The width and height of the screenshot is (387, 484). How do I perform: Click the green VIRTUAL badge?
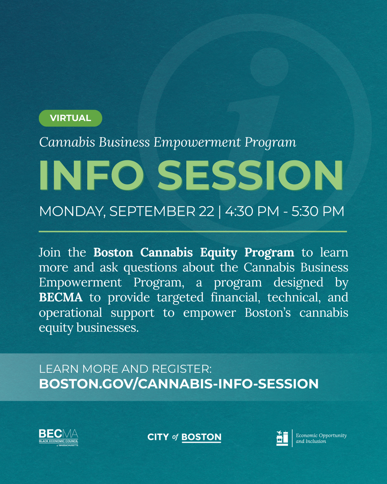[x=70, y=118]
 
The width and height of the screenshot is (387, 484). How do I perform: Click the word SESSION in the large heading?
[x=250, y=175]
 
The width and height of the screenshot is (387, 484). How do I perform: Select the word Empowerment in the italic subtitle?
[x=197, y=142]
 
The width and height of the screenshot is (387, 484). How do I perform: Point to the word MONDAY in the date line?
[x=71, y=211]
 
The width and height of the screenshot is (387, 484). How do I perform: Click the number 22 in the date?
[x=206, y=211]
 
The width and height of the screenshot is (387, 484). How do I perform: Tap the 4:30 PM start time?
[x=252, y=211]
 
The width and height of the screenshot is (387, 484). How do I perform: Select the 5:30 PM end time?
[x=318, y=211]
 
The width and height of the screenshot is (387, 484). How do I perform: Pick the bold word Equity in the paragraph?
[x=218, y=252]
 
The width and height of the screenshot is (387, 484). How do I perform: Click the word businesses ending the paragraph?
[x=107, y=328]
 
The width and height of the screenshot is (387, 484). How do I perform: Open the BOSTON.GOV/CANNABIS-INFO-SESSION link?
[x=179, y=384]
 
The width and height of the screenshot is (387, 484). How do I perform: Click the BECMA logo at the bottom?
[x=58, y=438]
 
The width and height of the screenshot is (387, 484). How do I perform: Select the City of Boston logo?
[x=184, y=437]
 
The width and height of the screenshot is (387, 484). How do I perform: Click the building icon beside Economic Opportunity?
[x=282, y=438]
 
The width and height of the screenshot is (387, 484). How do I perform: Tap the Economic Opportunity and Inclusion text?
[x=321, y=438]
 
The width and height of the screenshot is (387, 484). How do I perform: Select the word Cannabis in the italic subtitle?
[x=67, y=142]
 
